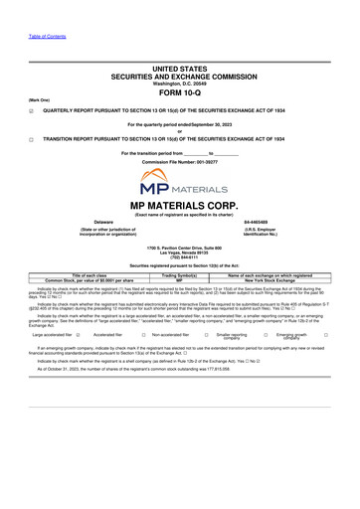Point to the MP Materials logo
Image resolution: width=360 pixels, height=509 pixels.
[179, 185]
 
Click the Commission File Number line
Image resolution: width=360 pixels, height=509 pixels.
[179, 161]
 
